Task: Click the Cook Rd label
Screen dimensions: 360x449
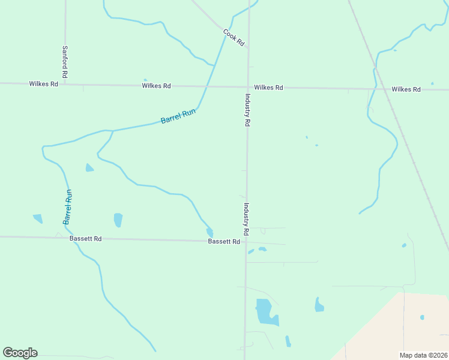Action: [x=234, y=38]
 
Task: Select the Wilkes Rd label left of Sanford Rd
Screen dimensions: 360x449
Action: [x=43, y=84]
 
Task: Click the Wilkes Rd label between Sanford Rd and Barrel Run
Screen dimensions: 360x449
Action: [x=157, y=86]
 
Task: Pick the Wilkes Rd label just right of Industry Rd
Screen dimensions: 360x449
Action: [x=268, y=88]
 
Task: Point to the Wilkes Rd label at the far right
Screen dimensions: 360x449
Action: [x=406, y=89]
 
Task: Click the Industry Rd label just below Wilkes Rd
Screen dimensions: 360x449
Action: [x=247, y=109]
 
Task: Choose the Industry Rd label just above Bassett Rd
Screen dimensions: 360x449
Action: [x=246, y=218]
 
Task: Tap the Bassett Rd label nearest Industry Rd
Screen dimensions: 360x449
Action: [x=224, y=242]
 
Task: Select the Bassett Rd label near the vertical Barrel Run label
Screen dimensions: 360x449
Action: [x=85, y=239]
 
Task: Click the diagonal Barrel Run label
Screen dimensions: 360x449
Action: [x=178, y=116]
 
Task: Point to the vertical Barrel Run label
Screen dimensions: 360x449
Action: [x=68, y=207]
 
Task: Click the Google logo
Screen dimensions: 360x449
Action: [x=20, y=353]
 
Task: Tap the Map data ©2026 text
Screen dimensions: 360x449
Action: [x=423, y=355]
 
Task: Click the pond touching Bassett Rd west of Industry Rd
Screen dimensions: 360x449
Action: [x=209, y=232]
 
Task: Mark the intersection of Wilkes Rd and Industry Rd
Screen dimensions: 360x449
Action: [x=248, y=87]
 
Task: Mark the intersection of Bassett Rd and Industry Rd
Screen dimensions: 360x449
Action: [x=246, y=242]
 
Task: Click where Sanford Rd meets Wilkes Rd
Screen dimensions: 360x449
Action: [x=65, y=84]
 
